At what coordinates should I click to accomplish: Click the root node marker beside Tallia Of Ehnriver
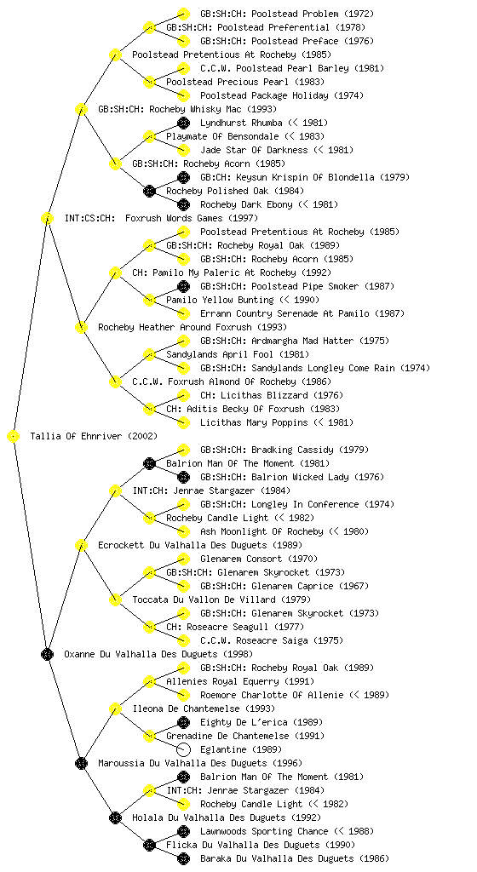[14, 437]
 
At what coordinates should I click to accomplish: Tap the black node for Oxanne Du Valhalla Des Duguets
[47, 655]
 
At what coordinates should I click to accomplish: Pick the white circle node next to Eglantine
[183, 749]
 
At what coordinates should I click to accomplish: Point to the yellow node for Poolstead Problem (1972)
[183, 14]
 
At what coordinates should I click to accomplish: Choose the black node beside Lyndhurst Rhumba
[183, 123]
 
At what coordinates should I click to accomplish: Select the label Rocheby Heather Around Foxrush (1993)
[193, 328]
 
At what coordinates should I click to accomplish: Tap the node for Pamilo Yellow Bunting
[149, 301]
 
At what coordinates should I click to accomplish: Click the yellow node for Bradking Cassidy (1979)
[183, 450]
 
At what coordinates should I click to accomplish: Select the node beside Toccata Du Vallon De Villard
[115, 600]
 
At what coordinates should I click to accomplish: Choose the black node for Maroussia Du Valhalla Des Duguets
[81, 764]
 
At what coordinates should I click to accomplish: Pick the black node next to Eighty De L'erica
[183, 722]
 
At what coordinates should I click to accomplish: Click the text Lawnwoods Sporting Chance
[264, 831]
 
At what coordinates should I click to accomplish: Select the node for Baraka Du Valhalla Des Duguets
[183, 858]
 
